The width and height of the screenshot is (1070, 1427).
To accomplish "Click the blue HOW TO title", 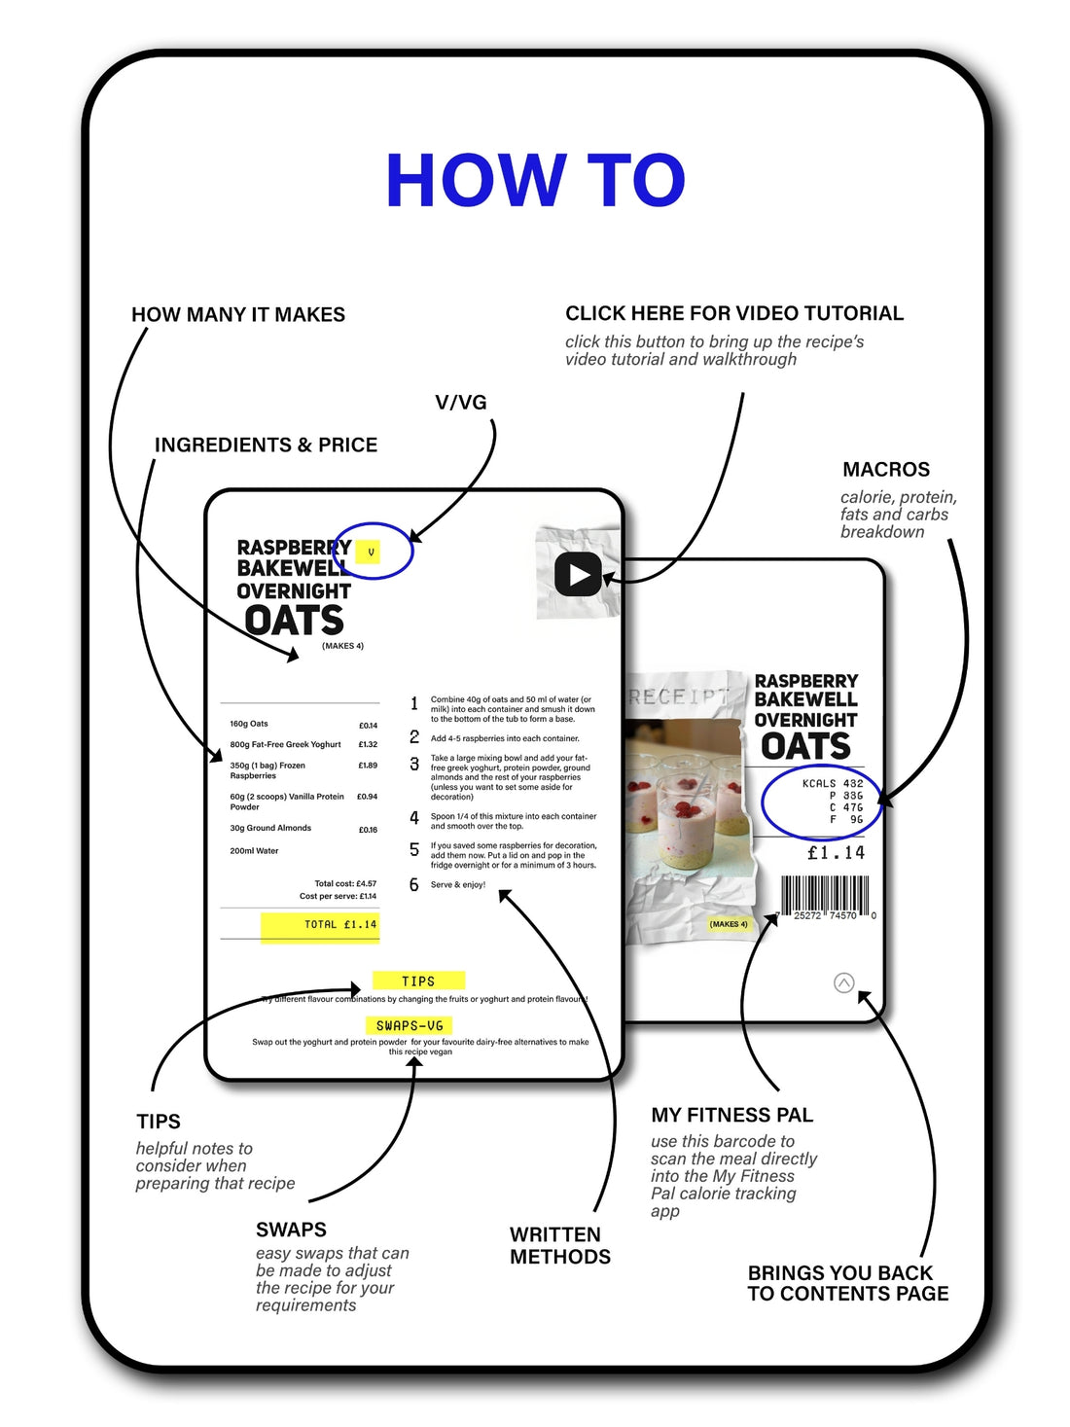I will (535, 181).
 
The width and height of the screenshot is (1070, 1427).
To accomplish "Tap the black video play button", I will (578, 575).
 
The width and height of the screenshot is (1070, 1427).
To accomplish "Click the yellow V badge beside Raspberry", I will (370, 553).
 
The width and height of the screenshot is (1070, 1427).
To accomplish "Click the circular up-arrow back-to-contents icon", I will (844, 982).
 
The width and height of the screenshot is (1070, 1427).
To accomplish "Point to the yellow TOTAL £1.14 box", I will (320, 925).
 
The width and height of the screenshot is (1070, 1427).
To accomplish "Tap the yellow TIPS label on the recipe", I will (418, 981).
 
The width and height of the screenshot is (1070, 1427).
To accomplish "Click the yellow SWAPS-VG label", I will (410, 1025).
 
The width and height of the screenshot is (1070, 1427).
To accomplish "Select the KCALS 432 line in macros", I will (832, 783).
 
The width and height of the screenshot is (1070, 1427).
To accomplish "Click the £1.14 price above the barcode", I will (835, 853).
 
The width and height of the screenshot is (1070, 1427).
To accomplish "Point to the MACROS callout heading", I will (885, 470).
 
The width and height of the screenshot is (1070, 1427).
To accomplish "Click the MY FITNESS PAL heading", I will (731, 1115).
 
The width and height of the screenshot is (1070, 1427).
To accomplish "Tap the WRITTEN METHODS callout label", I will (559, 1245).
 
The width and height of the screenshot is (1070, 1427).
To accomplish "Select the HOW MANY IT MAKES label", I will (238, 314).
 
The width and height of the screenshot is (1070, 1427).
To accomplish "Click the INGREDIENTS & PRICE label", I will (266, 445).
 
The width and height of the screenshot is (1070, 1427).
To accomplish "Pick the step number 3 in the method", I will (414, 765).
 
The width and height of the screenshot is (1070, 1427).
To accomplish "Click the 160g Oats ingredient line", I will (249, 724).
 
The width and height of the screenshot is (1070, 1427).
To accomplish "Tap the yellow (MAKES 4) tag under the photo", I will (729, 924).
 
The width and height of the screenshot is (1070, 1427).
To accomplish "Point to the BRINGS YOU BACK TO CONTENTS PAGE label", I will (847, 1283).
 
